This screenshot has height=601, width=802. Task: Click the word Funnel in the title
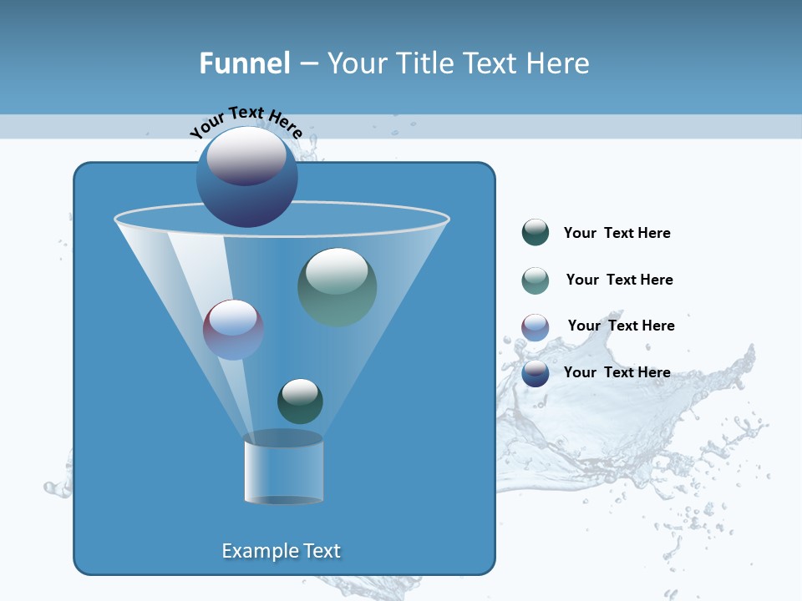(x=244, y=63)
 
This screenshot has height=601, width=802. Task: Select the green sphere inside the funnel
(x=337, y=287)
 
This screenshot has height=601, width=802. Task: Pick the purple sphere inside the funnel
(x=233, y=330)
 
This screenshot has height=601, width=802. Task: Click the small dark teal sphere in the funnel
(x=300, y=401)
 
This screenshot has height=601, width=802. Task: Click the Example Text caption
(x=281, y=551)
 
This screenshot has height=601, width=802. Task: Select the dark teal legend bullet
(x=536, y=233)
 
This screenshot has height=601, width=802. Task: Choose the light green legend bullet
(x=536, y=280)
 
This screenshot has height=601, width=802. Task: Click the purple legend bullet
(x=536, y=326)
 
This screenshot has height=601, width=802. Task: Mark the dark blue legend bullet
(x=536, y=373)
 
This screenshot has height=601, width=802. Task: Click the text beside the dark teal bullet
(x=617, y=234)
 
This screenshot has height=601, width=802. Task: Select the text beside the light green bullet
(x=619, y=280)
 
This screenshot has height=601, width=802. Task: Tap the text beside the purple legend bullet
(x=621, y=326)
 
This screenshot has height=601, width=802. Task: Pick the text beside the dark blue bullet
(x=617, y=372)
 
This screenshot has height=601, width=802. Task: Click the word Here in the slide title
(x=555, y=63)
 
